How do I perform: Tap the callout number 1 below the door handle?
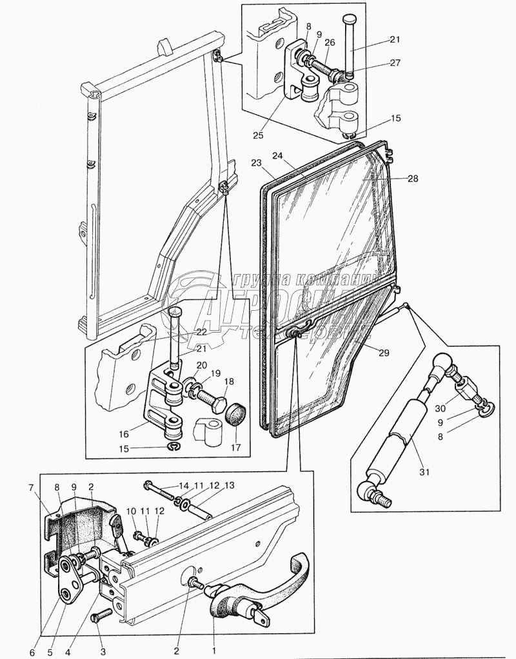215,642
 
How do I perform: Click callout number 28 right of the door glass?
412,179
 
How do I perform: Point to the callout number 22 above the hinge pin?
201,332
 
